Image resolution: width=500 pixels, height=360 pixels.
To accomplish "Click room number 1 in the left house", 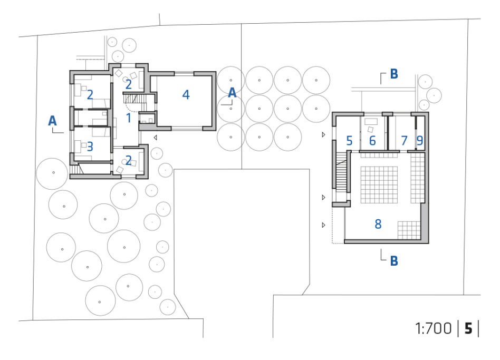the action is tap(129, 118).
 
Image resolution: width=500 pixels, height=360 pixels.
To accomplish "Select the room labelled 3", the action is tap(90, 147).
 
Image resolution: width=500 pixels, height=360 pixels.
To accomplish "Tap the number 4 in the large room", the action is tap(186, 95).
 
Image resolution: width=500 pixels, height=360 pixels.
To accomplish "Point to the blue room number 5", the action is tap(350, 141).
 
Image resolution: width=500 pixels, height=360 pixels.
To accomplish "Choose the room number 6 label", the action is tap(372, 141).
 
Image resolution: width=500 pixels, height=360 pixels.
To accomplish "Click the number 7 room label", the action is tap(405, 141).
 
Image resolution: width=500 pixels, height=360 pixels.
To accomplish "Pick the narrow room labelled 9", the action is tap(420, 141).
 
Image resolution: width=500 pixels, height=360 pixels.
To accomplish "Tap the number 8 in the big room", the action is tap(378, 224).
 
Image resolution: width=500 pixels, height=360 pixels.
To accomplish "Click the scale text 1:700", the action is tap(434, 328).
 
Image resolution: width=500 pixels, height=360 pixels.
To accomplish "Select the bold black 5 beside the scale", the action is tap(468, 328).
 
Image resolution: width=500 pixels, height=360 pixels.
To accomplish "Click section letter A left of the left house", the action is tap(52, 121).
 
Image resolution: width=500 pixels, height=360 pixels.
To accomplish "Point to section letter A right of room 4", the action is tap(232, 93).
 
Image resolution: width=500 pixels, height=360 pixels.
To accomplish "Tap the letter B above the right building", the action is tap(394, 74).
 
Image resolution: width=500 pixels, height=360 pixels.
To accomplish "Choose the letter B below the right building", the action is tap(394, 261).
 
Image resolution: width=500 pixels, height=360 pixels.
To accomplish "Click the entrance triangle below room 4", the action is tap(155, 138).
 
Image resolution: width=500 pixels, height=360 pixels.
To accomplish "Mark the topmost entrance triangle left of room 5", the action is tap(323, 135).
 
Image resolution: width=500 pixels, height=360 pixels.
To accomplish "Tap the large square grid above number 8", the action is tap(379, 184).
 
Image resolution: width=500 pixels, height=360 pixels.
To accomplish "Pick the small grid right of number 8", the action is tap(409, 230).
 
